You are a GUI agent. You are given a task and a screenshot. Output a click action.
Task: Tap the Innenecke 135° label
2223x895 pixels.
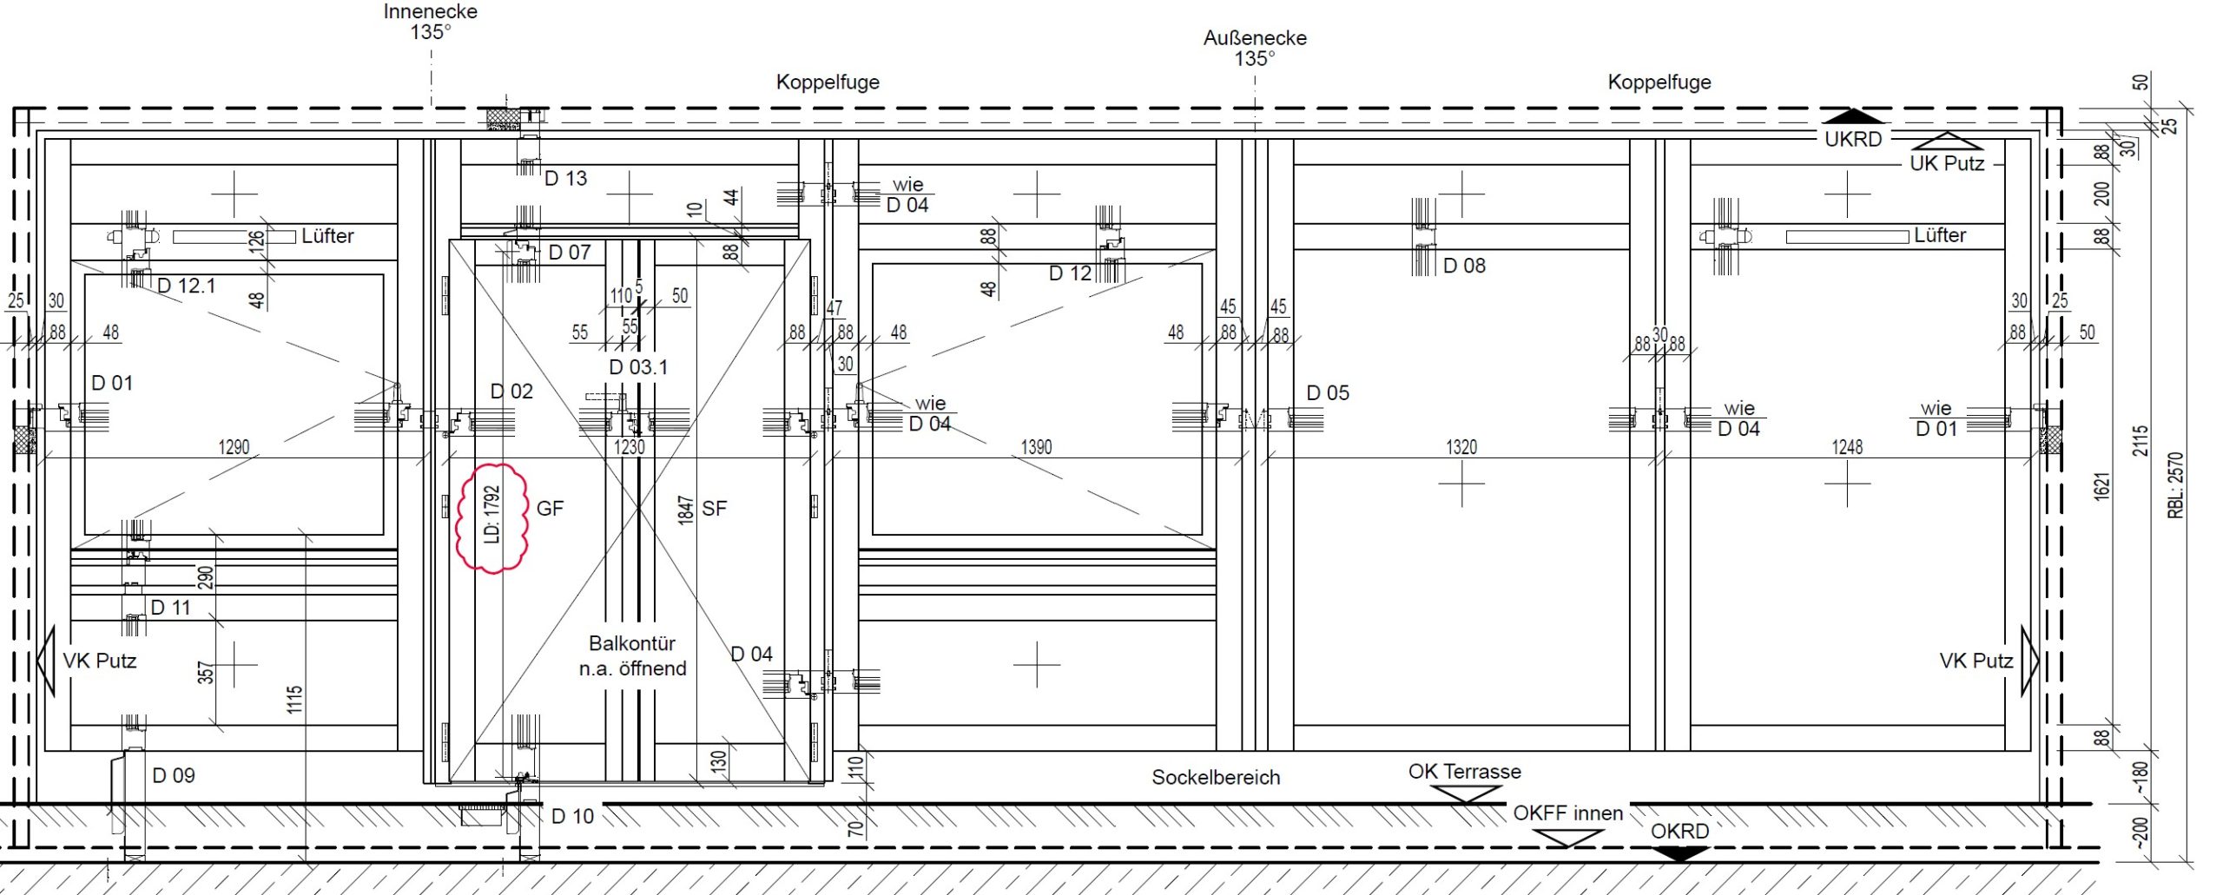[x=431, y=22]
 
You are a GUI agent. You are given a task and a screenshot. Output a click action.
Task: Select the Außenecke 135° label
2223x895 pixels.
[x=1255, y=49]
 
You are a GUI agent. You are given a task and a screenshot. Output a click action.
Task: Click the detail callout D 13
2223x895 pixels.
[x=565, y=179]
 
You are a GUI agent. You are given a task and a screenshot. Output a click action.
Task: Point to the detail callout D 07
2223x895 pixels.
[x=570, y=253]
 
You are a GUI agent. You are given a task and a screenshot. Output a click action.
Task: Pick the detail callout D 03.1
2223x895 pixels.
[x=638, y=367]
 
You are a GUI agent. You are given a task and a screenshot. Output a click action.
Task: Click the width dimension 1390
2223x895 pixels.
[x=1036, y=447]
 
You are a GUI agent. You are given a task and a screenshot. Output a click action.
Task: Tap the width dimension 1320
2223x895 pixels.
[x=1461, y=447]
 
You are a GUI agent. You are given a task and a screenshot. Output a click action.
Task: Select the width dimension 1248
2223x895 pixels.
[x=1847, y=447]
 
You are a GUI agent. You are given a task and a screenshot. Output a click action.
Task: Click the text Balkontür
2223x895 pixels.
[x=632, y=643]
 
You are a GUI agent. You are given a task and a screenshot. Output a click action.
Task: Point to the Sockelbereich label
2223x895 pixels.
[x=1216, y=778]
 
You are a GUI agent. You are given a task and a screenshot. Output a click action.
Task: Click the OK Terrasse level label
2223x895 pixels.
[x=1464, y=772]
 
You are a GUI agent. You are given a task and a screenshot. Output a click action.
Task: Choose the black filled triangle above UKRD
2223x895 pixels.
[x=1853, y=115]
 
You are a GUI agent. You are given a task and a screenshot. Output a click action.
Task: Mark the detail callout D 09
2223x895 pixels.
[x=174, y=776]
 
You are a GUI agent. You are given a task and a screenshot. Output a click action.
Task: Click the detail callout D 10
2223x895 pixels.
[x=572, y=817]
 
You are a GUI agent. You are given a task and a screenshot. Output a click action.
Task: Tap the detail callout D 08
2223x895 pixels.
[x=1464, y=267]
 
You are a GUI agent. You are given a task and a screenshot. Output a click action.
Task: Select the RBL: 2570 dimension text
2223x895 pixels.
[x=2175, y=485]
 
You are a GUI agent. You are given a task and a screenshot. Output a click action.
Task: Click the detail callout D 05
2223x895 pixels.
[x=1328, y=393]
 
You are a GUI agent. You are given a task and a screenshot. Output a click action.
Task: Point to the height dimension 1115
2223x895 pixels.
[x=295, y=700]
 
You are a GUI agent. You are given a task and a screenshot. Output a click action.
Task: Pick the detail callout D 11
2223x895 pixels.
[x=170, y=608]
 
